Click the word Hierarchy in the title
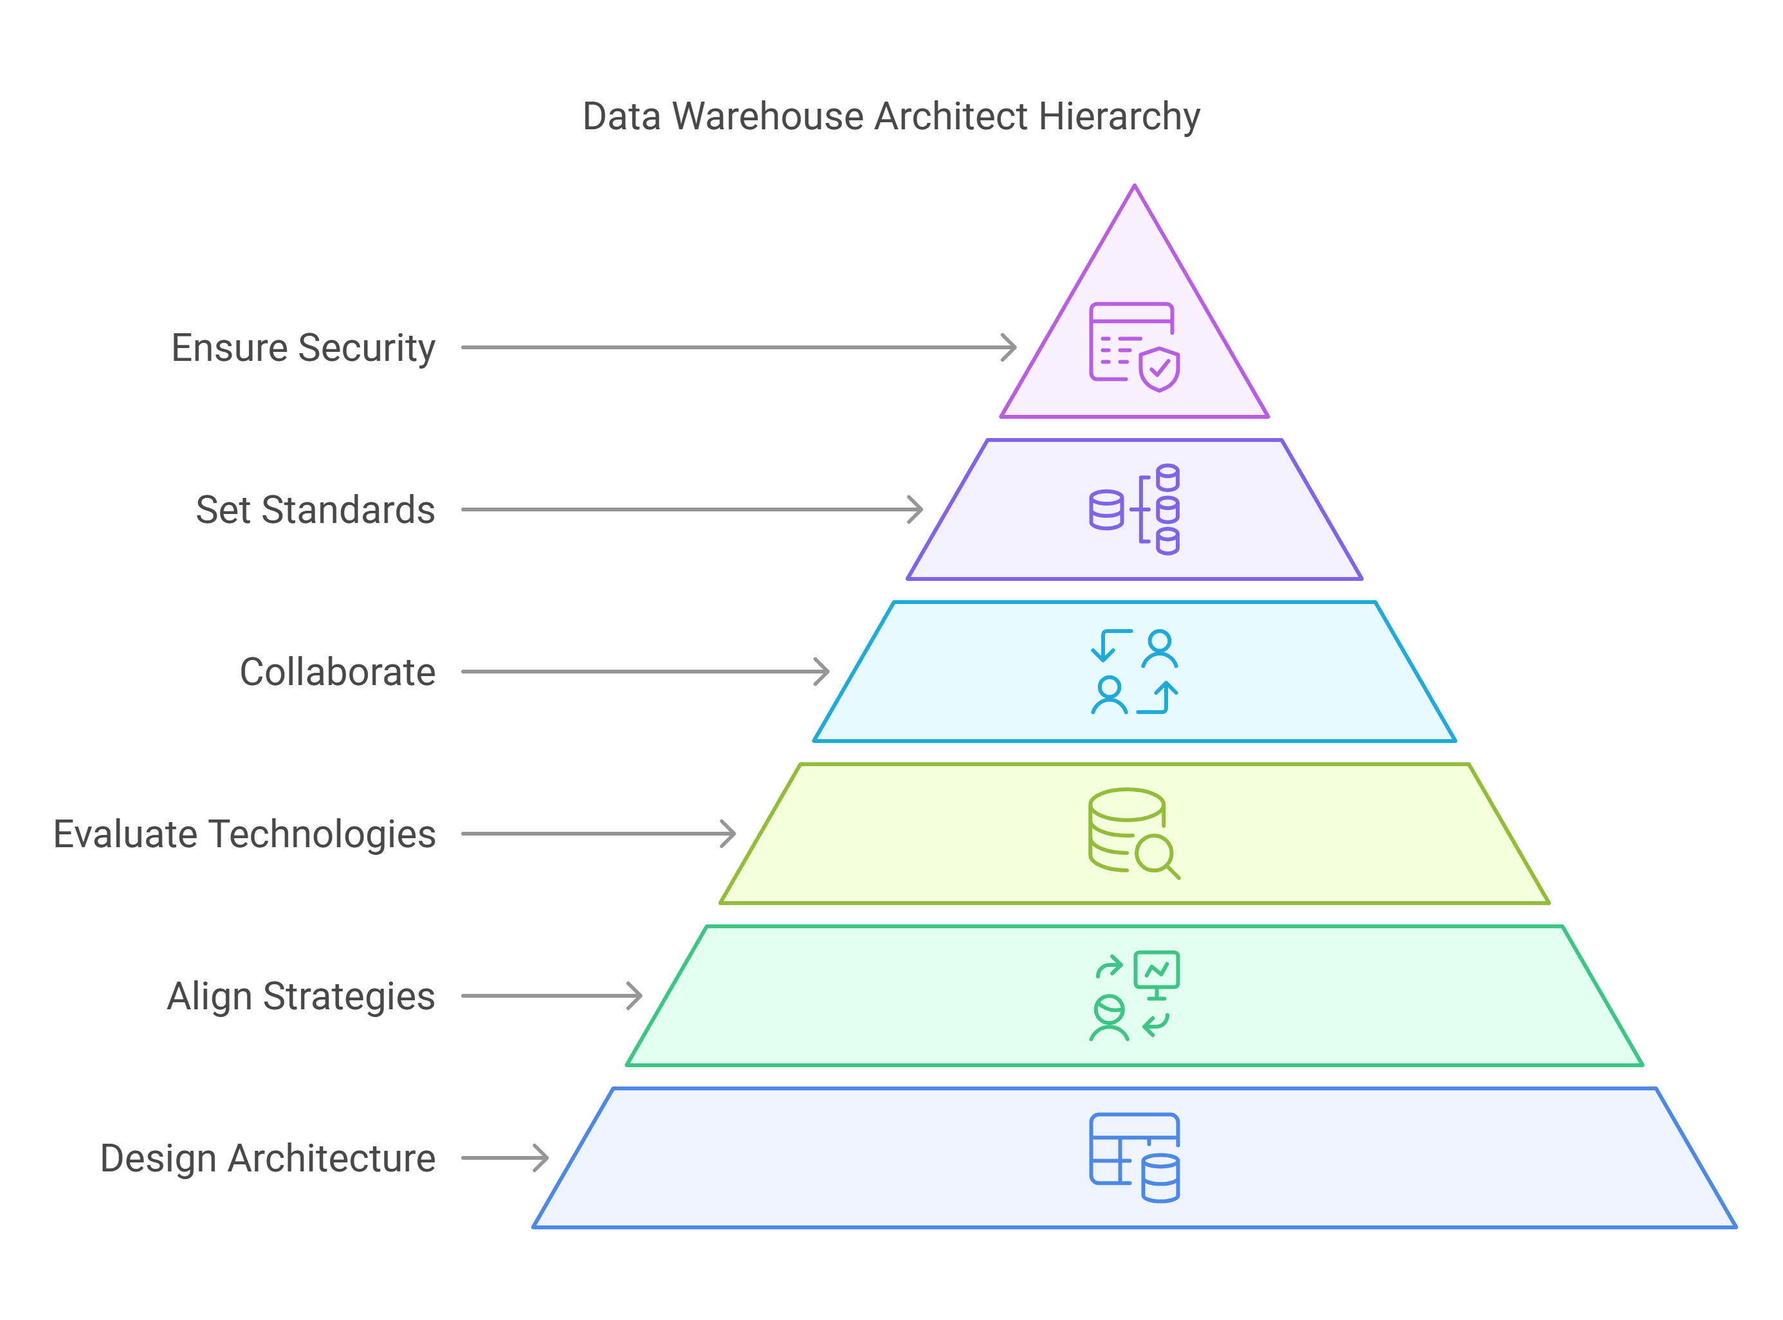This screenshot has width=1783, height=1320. tap(1119, 116)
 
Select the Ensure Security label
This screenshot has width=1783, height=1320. tap(304, 349)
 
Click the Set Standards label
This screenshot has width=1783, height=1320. tap(316, 509)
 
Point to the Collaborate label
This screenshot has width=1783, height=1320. tap(338, 672)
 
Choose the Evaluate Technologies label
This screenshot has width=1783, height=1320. tap(244, 834)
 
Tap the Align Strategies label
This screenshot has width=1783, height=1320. tap(301, 996)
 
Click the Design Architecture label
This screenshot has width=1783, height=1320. tap(268, 1159)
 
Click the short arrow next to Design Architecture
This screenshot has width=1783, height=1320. tap(506, 1158)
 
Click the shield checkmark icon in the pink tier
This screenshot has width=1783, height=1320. tap(1159, 369)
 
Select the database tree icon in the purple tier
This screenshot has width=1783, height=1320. tap(1135, 509)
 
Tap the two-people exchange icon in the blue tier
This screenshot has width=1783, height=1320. tap(1135, 672)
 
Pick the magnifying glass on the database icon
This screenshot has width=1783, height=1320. tap(1156, 857)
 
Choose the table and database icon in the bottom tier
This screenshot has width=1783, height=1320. tap(1135, 1158)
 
